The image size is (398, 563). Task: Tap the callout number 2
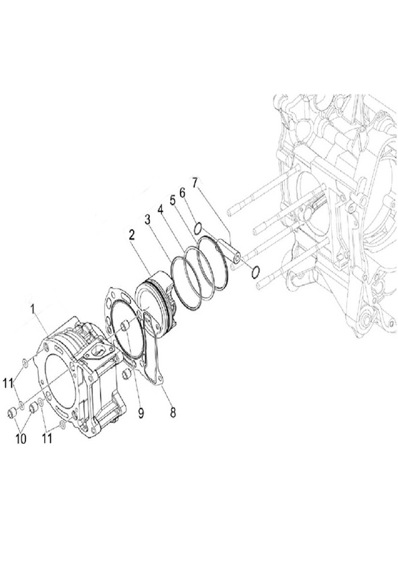pos(132,235)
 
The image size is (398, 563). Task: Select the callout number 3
pos(148,220)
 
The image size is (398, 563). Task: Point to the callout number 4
pos(160,210)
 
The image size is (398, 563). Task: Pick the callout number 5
pos(173,201)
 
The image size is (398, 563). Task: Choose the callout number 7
pos(195,183)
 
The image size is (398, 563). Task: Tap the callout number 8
pos(173,412)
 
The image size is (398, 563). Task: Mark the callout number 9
pos(141,413)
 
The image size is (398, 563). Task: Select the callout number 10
pos(21,438)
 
